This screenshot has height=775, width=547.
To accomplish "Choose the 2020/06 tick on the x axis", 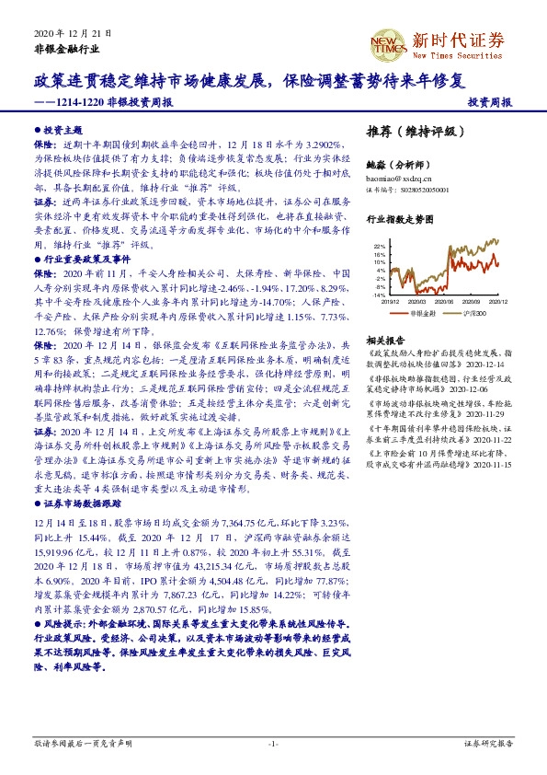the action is click(x=444, y=301).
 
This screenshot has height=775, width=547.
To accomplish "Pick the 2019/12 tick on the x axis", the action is click(x=389, y=301).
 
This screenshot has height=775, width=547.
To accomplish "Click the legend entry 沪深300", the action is click(x=472, y=313).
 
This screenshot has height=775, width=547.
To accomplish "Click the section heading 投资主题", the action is click(x=61, y=132).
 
